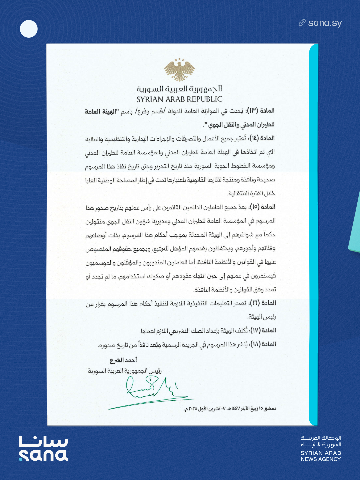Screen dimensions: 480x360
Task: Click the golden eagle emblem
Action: [179, 70]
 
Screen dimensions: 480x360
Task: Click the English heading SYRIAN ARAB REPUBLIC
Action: [179, 99]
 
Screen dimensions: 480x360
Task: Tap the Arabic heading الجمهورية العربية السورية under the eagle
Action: [179, 89]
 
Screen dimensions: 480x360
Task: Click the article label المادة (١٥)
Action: [262, 207]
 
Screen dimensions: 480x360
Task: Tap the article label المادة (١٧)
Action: [263, 330]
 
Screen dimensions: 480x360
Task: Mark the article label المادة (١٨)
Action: [263, 344]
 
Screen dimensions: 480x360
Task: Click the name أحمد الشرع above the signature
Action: [123, 360]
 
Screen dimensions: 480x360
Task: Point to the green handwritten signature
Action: [152, 390]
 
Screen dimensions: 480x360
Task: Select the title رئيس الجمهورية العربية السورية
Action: [125, 371]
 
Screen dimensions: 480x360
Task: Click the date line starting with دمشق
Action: [230, 409]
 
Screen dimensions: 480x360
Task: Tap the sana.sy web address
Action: [325, 23]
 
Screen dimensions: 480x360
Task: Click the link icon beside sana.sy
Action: [302, 23]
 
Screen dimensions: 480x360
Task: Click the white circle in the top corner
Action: [29, 29]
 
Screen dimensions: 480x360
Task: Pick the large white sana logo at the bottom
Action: [43, 449]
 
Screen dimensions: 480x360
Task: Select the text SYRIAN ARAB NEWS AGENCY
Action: [321, 456]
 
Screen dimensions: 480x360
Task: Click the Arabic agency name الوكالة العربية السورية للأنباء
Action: [321, 441]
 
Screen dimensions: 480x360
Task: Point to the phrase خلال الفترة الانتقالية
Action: [251, 193]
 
